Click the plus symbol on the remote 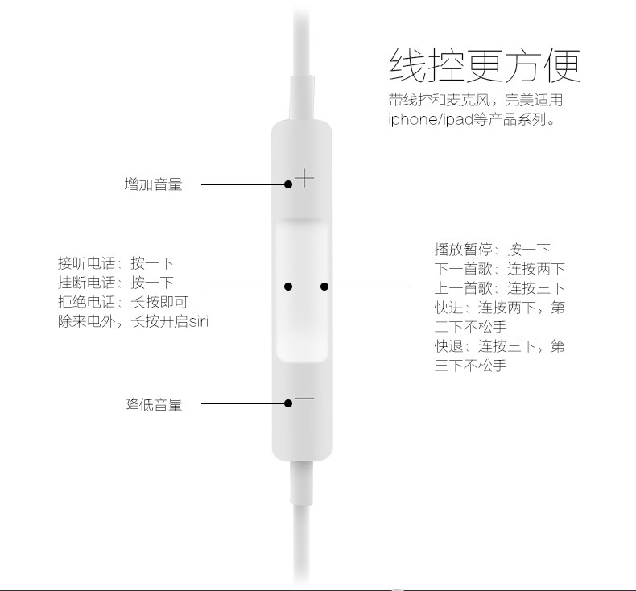pyautogui.click(x=304, y=177)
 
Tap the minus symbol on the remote pyautogui.click(x=304, y=399)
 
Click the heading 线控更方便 pyautogui.click(x=484, y=64)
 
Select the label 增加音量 pyautogui.click(x=154, y=184)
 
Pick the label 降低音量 pyautogui.click(x=154, y=405)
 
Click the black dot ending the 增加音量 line pyautogui.click(x=288, y=184)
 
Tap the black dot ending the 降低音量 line pyautogui.click(x=288, y=404)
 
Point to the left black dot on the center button pyautogui.click(x=288, y=286)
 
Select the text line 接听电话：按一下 pyautogui.click(x=116, y=263)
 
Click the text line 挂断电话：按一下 pyautogui.click(x=116, y=283)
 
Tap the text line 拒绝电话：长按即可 pyautogui.click(x=123, y=302)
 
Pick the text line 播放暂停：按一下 pyautogui.click(x=493, y=250)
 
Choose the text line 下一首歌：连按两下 pyautogui.click(x=500, y=269)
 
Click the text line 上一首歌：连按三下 pyautogui.click(x=500, y=288)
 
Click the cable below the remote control pyautogui.click(x=304, y=523)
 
